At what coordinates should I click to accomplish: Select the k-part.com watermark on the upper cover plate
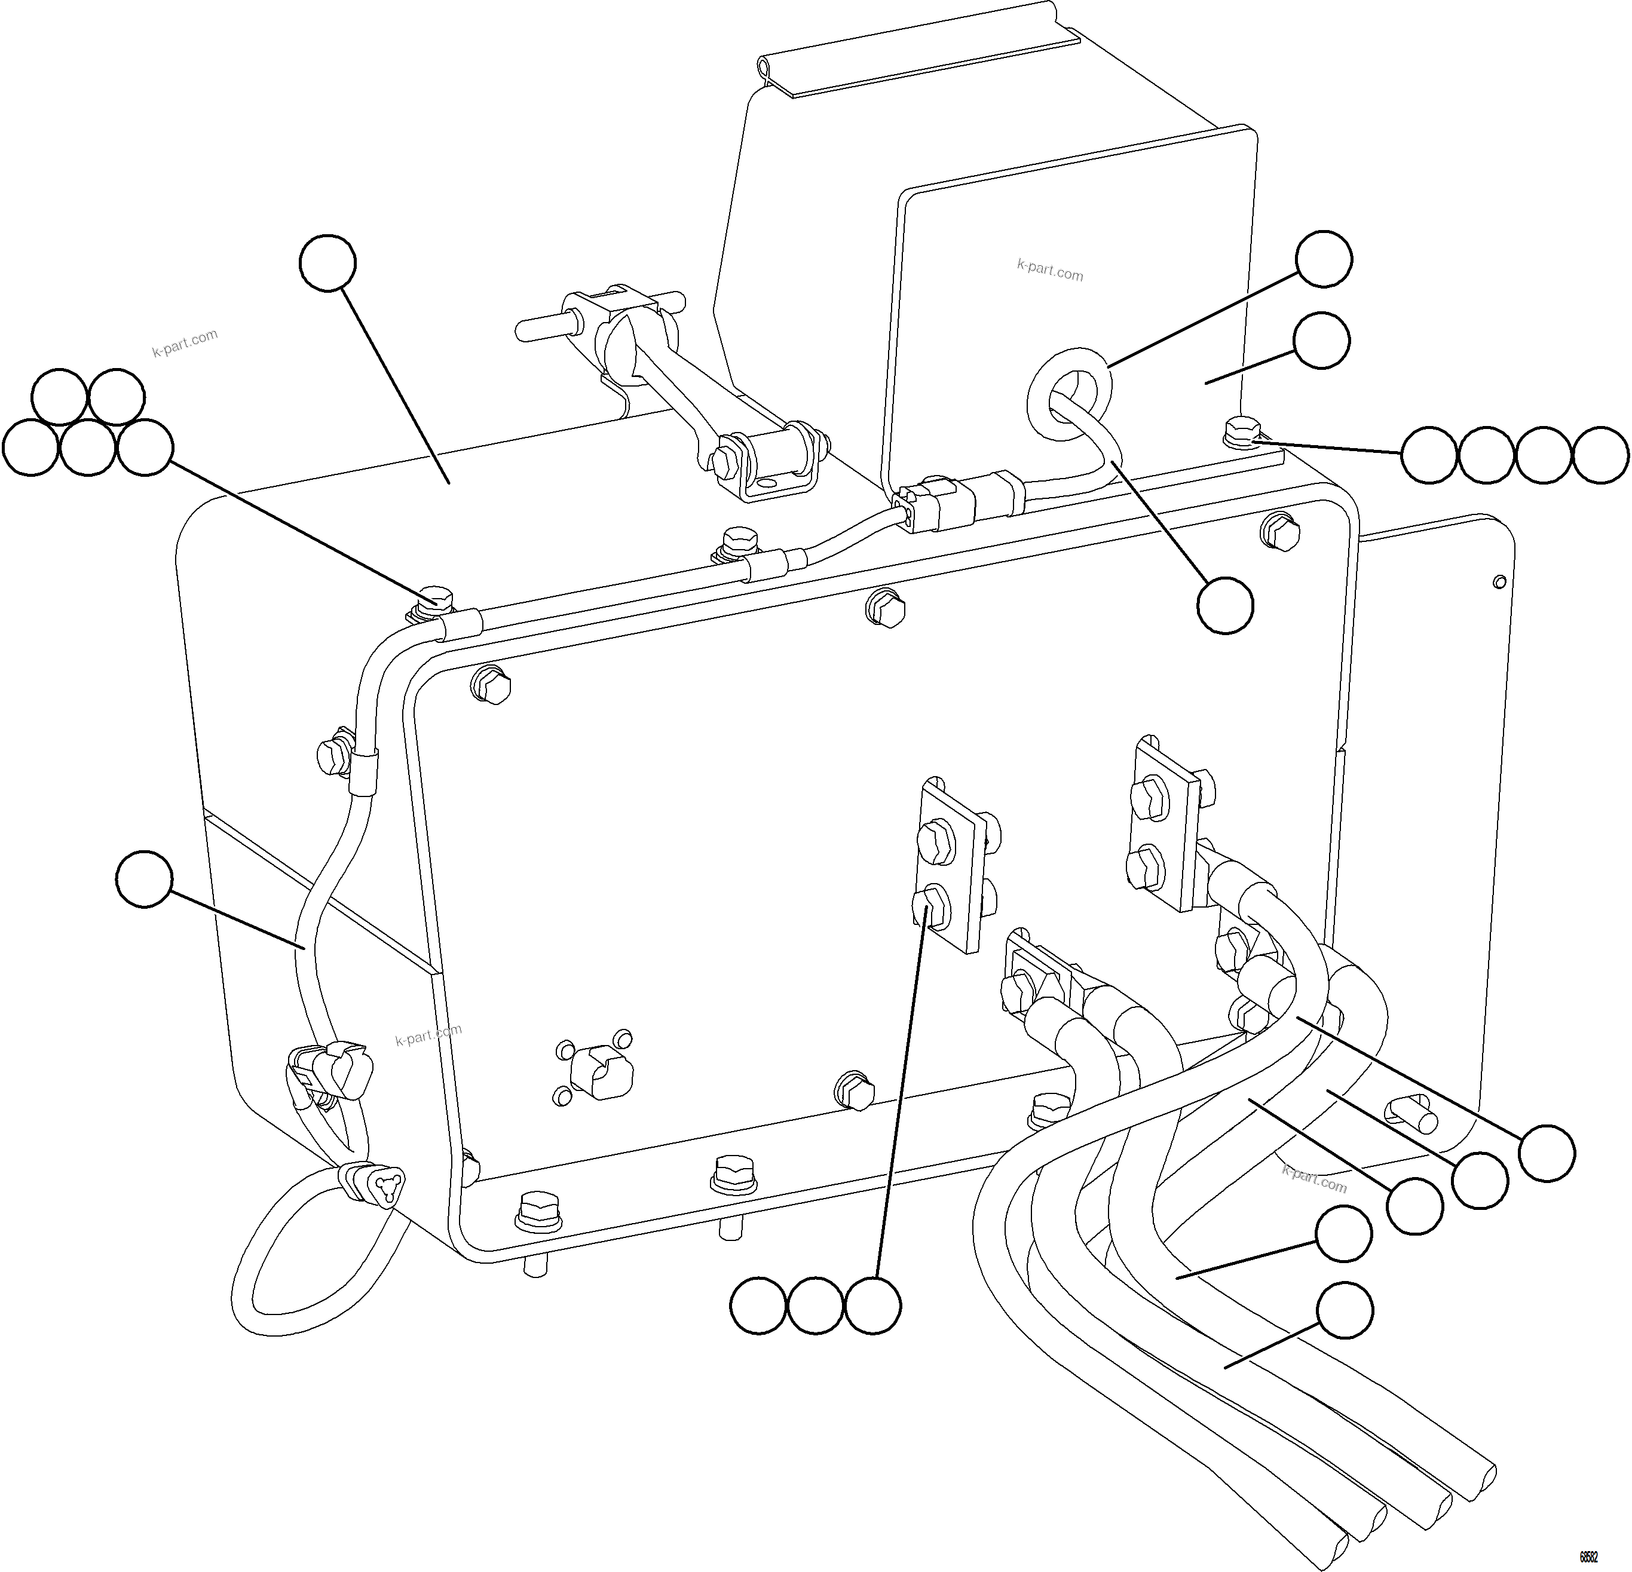(x=1050, y=271)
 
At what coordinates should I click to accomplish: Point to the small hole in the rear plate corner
(x=1499, y=580)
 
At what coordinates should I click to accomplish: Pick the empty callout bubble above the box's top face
(x=328, y=263)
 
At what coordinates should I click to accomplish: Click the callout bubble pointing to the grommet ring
(x=1324, y=259)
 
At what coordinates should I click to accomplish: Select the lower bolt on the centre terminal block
(x=933, y=906)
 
